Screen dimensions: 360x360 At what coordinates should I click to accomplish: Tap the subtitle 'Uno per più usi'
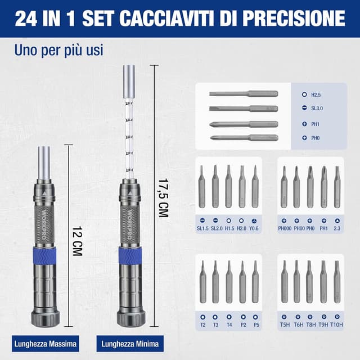pos(58,50)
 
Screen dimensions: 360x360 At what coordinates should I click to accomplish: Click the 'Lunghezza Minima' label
pos(130,343)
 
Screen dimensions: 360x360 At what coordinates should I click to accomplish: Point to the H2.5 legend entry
pos(316,96)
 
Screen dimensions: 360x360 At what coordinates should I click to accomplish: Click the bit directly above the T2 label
pos(202,282)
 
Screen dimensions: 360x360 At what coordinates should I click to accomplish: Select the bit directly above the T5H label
pos(285,282)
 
